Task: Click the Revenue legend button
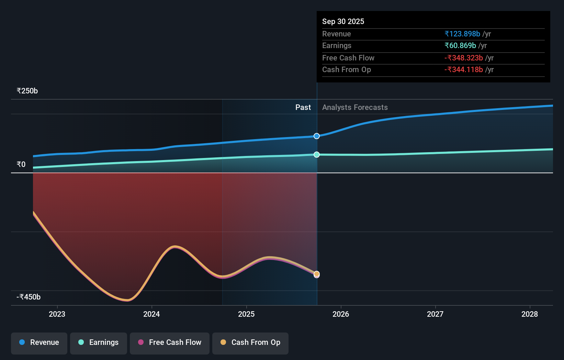(x=39, y=343)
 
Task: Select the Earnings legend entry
(x=99, y=343)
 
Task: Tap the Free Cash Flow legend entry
(x=170, y=343)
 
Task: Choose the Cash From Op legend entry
(x=250, y=343)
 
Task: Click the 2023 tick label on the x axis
(x=57, y=314)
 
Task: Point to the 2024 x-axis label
(x=151, y=314)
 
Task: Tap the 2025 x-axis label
(x=246, y=314)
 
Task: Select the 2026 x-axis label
(x=341, y=314)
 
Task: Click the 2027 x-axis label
(x=435, y=314)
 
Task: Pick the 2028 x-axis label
(x=530, y=314)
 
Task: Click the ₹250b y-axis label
(x=27, y=91)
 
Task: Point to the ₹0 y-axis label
(x=21, y=165)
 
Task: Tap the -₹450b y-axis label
(x=29, y=297)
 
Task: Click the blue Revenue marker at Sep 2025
(x=317, y=136)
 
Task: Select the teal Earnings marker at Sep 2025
(x=317, y=155)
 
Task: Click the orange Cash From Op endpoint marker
(x=317, y=274)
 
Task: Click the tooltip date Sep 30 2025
(x=343, y=21)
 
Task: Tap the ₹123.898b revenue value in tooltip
(x=462, y=34)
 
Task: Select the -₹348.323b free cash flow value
(x=464, y=58)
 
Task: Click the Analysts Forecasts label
(x=355, y=108)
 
